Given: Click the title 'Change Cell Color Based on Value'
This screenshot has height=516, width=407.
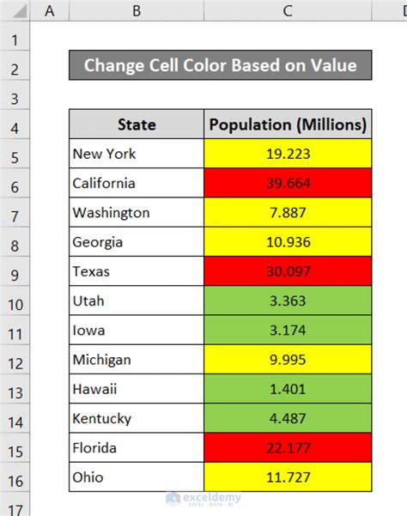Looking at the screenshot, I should point(220,65).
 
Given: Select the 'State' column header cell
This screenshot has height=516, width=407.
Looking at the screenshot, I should point(137,124).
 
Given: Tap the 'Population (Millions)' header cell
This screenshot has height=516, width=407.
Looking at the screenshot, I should point(288,124).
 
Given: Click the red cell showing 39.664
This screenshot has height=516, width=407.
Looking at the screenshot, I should point(288,184).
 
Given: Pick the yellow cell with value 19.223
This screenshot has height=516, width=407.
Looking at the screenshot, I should point(288,155).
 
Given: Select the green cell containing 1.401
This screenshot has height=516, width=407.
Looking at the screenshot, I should point(288,389).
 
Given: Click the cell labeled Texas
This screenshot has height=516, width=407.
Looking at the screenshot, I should point(137,271).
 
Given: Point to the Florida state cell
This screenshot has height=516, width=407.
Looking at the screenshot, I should point(137,447).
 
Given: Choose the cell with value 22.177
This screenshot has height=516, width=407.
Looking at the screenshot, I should point(288,447).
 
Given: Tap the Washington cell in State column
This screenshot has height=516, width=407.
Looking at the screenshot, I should point(137,213).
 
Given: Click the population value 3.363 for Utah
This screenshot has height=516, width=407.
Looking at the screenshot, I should point(288,300).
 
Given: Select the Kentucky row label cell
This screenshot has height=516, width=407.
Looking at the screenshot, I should point(137,418).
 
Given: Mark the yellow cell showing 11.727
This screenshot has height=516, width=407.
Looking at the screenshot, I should point(288,477).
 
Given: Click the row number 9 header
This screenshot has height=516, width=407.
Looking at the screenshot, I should point(15,271).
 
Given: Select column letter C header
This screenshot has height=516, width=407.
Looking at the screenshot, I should point(288,10).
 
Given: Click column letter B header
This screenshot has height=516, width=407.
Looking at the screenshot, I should point(137,10).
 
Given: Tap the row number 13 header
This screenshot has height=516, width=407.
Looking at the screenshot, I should point(15,389).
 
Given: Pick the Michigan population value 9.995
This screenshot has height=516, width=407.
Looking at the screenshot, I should point(288,360).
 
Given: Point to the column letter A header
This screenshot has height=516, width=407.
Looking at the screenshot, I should point(50,10).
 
